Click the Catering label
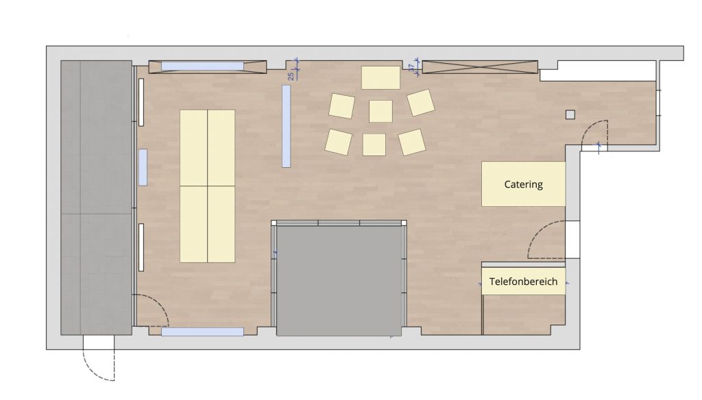pyautogui.click(x=523, y=184)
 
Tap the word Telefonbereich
pyautogui.click(x=523, y=282)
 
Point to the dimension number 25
pyautogui.click(x=291, y=76)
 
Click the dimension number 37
pyautogui.click(x=411, y=68)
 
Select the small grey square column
pyautogui.click(x=570, y=114)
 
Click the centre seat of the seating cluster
pyautogui.click(x=380, y=111)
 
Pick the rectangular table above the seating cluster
pyautogui.click(x=380, y=77)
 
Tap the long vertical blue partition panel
pyautogui.click(x=286, y=126)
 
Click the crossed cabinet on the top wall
pyautogui.click(x=480, y=67)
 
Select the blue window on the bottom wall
pyautogui.click(x=202, y=332)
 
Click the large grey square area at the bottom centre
pyautogui.click(x=339, y=281)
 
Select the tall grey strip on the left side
pyautogui.click(x=96, y=198)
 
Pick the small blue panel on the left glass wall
pyautogui.click(x=143, y=167)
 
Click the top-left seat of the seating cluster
pyautogui.click(x=341, y=106)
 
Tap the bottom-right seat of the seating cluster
pyautogui.click(x=412, y=142)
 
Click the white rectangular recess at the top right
pyautogui.click(x=598, y=71)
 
